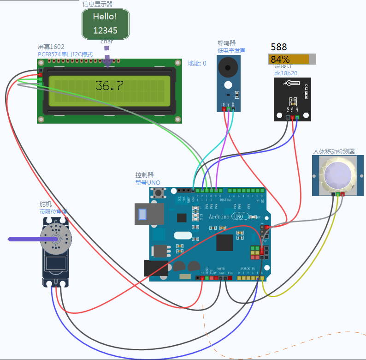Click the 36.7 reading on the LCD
(x=109, y=86)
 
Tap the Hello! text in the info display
(x=105, y=17)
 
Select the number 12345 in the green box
(x=105, y=31)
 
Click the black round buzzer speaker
(x=228, y=68)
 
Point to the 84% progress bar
(x=292, y=59)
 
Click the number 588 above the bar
(x=279, y=47)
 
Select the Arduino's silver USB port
(x=148, y=214)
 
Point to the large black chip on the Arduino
(x=225, y=243)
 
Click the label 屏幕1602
(x=51, y=47)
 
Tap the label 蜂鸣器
(x=227, y=43)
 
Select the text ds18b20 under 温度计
(x=286, y=73)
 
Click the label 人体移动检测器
(x=334, y=151)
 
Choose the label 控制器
(x=144, y=175)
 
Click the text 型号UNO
(x=148, y=182)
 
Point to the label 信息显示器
(x=98, y=4)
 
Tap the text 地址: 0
(x=197, y=63)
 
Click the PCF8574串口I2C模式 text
(x=65, y=54)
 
